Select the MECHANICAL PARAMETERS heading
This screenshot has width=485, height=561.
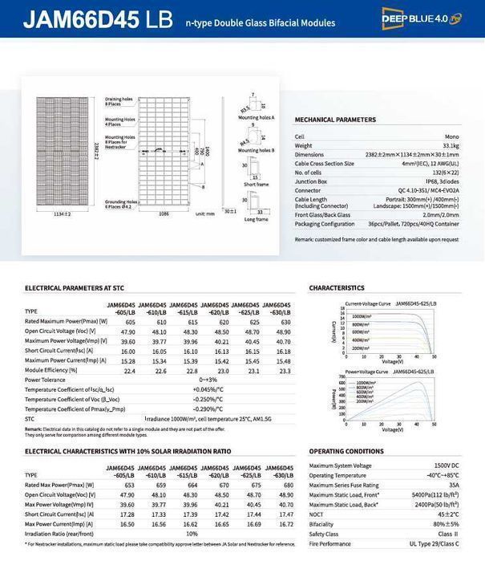tap(335, 120)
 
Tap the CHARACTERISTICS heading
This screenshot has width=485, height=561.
tap(337, 287)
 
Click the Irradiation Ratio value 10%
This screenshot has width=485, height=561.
tap(192, 533)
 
